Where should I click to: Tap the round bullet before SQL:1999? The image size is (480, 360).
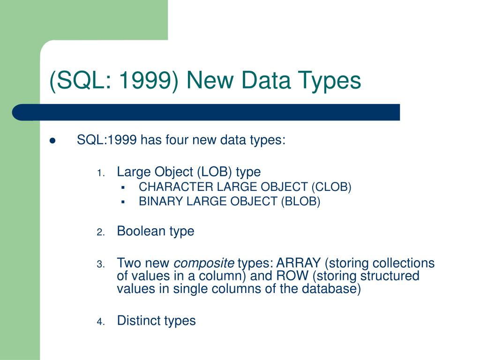click(x=52, y=141)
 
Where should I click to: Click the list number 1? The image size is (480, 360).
click(x=100, y=173)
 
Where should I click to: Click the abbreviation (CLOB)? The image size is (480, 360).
click(x=331, y=187)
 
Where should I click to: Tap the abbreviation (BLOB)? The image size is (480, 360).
click(x=300, y=202)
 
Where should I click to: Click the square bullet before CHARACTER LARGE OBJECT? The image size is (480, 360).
click(x=123, y=187)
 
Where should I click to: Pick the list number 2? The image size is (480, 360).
click(x=100, y=232)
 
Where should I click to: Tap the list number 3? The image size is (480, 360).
click(x=100, y=264)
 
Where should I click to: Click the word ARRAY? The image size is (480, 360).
click(x=299, y=263)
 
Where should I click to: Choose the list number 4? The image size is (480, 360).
click(x=100, y=322)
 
